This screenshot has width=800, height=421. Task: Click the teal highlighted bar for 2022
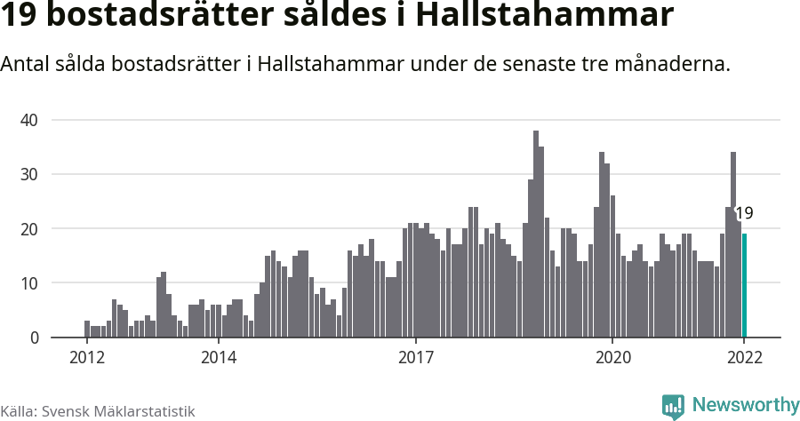[x=744, y=285]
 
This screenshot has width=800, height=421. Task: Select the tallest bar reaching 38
[x=536, y=234]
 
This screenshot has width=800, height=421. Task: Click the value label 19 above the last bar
[x=744, y=213]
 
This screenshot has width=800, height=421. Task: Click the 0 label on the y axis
[x=35, y=338]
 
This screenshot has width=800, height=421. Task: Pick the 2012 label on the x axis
[x=86, y=358]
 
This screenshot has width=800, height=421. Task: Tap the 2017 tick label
[x=415, y=358]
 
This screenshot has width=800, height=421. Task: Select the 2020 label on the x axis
[x=612, y=358]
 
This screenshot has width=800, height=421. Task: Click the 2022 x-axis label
[x=744, y=358]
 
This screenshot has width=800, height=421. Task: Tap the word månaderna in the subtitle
[x=673, y=65]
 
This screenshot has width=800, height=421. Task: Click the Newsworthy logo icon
[x=673, y=406]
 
